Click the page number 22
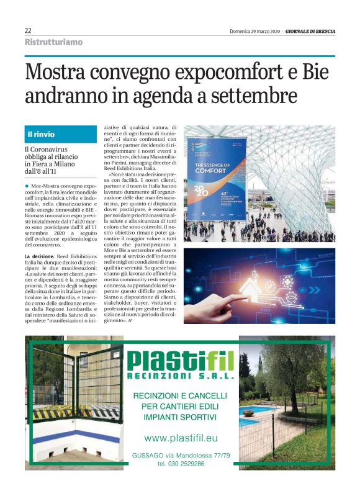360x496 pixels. tap(29, 30)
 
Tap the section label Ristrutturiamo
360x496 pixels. tap(53, 42)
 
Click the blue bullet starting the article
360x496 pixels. tap(27, 186)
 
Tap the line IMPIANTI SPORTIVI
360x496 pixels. tap(179, 417)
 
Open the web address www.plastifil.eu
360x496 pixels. tap(180, 438)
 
